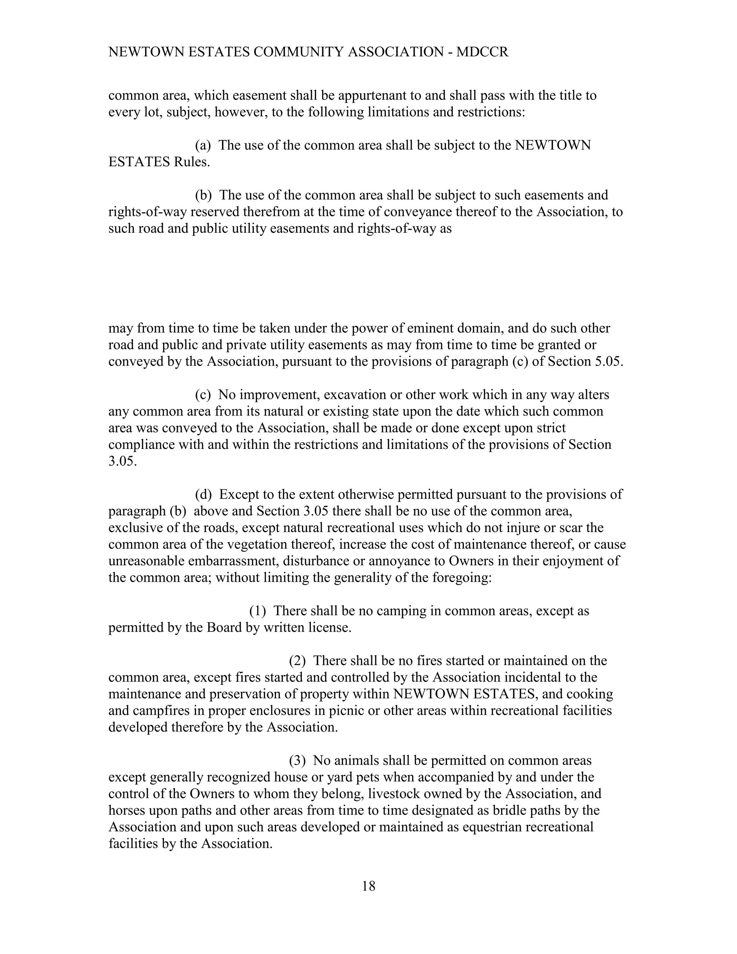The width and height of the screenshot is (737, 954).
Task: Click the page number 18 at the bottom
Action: tap(368, 886)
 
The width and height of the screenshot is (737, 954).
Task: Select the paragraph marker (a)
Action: tap(203, 145)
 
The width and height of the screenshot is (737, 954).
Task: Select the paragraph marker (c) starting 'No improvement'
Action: tap(203, 395)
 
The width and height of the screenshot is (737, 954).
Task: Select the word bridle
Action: tap(508, 810)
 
